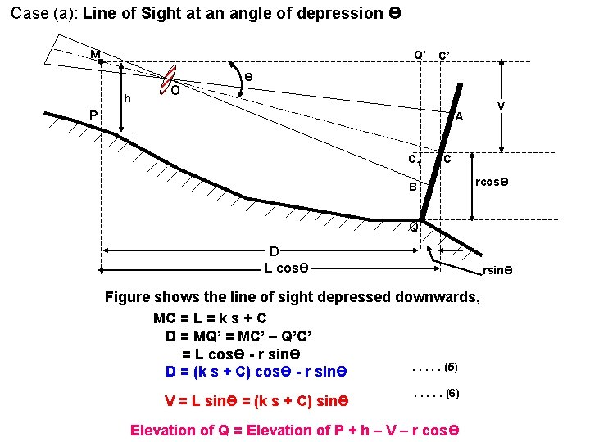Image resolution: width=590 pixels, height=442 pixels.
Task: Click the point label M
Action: [96, 55]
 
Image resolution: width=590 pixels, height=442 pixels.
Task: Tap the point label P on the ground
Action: [93, 115]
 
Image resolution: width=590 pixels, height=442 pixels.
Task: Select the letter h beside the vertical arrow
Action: [127, 99]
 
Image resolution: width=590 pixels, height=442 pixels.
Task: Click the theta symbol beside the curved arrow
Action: [248, 76]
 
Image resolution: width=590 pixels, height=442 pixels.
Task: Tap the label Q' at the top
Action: [420, 55]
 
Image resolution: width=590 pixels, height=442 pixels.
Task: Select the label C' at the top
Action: [447, 56]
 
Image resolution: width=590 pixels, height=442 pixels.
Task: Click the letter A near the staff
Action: [460, 116]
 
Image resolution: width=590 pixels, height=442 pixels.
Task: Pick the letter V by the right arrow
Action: [501, 107]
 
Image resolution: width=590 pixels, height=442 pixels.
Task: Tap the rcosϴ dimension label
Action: [492, 181]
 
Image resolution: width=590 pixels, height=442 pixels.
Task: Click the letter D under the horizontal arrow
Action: [275, 251]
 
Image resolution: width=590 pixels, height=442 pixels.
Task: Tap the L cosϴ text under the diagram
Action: [286, 267]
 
